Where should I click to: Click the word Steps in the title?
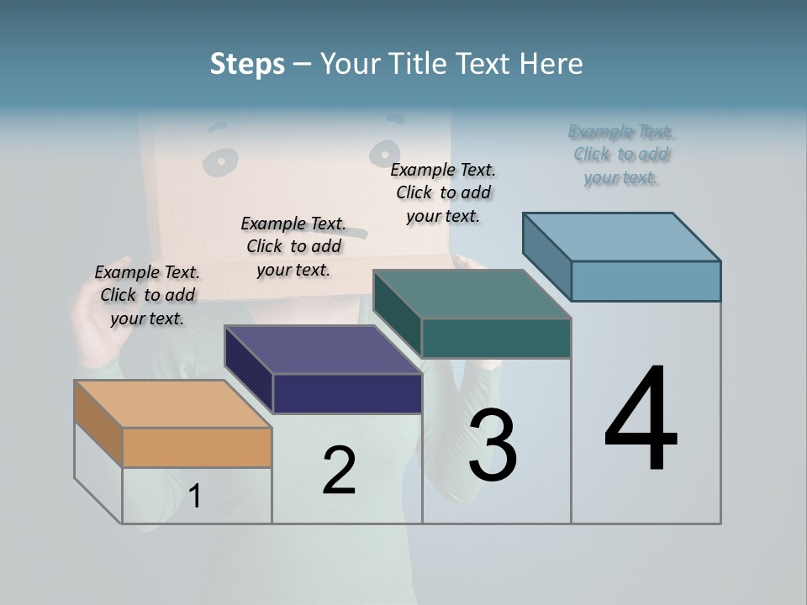(247, 64)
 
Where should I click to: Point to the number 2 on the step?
(339, 471)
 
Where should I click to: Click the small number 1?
(194, 497)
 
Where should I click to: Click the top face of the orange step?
(173, 404)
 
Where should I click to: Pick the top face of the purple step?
(323, 350)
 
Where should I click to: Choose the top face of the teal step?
(472, 294)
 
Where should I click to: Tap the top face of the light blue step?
(621, 237)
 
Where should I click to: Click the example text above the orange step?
(147, 295)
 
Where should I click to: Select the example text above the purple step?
(293, 246)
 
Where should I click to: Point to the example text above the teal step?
(443, 192)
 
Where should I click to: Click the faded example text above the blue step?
(621, 155)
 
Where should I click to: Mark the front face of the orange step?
(197, 447)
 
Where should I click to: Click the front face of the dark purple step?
(346, 393)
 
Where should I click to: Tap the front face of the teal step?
(496, 338)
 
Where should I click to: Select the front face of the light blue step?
(646, 281)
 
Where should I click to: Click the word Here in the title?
(551, 64)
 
